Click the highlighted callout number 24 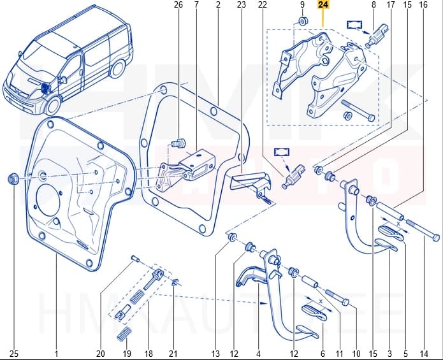coord(324,5)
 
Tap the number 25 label coord(13,354)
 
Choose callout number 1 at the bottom coord(56,354)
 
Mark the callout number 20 coord(100,354)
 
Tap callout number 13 coord(215,354)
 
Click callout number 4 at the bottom coord(258,354)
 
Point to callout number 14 coord(423,354)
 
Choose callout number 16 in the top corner coord(423,5)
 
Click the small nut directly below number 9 coord(303,23)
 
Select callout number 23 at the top coord(241,5)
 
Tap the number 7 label coord(196,5)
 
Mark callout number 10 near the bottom coord(356,354)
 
